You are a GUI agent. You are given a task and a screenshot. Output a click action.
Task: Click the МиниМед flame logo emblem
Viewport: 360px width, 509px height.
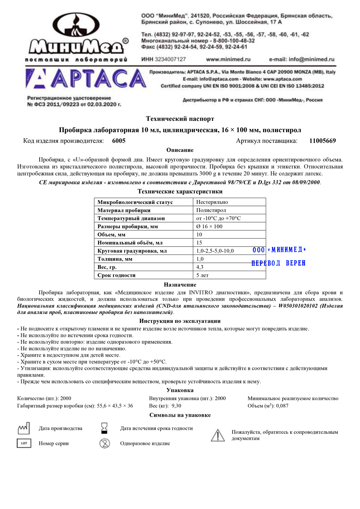(x=76, y=26)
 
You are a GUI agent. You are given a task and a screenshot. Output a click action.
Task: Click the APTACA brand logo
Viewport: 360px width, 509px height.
(x=86, y=79)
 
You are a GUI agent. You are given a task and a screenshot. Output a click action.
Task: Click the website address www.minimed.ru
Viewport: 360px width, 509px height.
(x=228, y=59)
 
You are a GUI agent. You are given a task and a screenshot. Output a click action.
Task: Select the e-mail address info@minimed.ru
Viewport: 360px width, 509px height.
(x=302, y=59)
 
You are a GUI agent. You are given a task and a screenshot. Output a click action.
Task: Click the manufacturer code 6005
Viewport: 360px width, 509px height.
(x=119, y=141)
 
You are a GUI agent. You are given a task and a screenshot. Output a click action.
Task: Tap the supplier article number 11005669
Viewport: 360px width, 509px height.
(x=322, y=141)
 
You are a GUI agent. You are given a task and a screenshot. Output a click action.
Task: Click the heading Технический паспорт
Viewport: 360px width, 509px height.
(x=180, y=119)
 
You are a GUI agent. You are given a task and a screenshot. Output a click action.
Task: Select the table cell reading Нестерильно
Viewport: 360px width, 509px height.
(x=212, y=202)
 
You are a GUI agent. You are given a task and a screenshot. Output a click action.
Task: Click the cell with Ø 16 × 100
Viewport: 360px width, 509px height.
(x=209, y=226)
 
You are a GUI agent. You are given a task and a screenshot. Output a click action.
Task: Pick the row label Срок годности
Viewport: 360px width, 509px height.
(x=116, y=275)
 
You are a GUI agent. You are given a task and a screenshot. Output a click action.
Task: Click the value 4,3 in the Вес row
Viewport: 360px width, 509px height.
(x=200, y=267)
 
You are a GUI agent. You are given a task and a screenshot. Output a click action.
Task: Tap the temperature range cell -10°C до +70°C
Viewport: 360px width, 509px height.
(x=218, y=219)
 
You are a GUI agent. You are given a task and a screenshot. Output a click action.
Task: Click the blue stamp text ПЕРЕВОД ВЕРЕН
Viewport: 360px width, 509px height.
(x=278, y=263)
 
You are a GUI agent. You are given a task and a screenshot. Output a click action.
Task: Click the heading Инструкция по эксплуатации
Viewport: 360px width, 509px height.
(x=180, y=321)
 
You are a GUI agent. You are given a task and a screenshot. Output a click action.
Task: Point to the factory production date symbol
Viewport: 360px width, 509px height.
(x=24, y=428)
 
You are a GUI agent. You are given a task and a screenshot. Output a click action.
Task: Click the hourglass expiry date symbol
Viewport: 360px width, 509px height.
(x=104, y=428)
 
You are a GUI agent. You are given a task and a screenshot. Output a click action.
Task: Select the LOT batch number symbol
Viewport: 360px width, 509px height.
(x=24, y=443)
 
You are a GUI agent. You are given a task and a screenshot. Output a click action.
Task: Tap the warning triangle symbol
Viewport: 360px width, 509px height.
(x=217, y=435)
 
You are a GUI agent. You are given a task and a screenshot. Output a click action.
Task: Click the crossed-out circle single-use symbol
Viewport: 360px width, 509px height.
(x=105, y=443)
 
